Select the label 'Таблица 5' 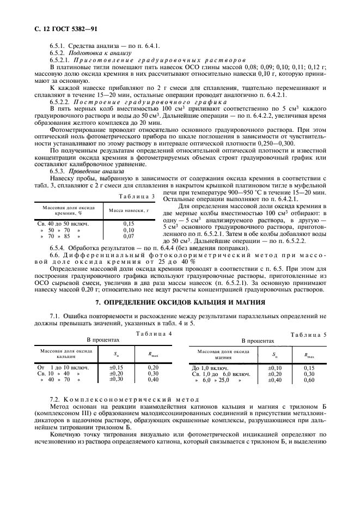[x=308, y=335]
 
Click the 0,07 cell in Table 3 [x=129, y=236]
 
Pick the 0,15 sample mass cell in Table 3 [x=129, y=223]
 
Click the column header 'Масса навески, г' [x=129, y=210]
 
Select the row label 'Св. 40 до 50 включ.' [x=63, y=223]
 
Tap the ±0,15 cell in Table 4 [x=116, y=367]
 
